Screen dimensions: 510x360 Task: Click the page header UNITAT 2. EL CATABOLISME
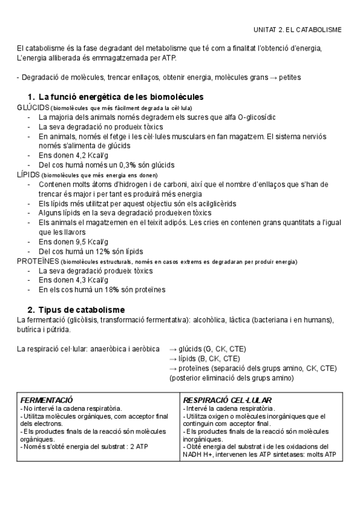pyautogui.click(x=297, y=29)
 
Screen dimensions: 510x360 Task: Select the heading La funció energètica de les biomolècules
pyautogui.click(x=121, y=97)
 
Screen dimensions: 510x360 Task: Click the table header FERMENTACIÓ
pyautogui.click(x=47, y=399)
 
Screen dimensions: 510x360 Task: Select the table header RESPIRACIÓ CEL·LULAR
pyautogui.click(x=227, y=399)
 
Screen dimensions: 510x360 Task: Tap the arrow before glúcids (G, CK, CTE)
pyautogui.click(x=174, y=349)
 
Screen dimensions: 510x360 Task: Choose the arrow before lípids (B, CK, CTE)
pyautogui.click(x=174, y=358)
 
